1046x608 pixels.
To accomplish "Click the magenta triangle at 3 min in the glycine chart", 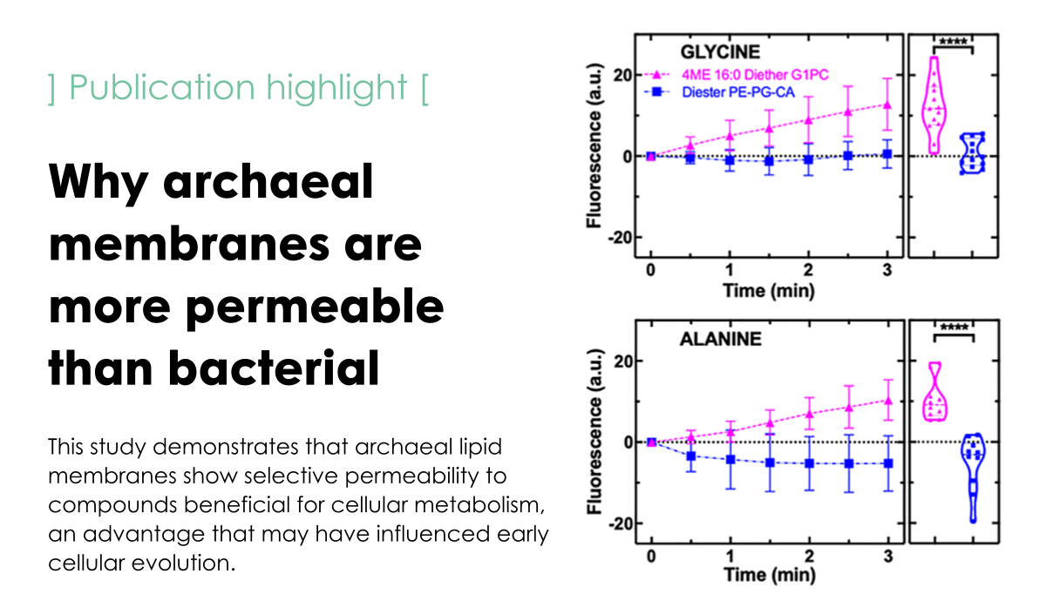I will (887, 105).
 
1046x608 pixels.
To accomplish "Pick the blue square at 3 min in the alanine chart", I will (887, 463).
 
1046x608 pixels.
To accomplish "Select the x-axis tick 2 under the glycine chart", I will (808, 269).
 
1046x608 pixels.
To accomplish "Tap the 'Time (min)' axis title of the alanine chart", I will (768, 576).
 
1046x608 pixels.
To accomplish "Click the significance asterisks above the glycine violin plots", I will (953, 39).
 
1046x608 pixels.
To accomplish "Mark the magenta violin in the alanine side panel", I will (935, 393).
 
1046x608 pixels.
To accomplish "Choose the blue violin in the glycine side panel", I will (972, 153).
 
